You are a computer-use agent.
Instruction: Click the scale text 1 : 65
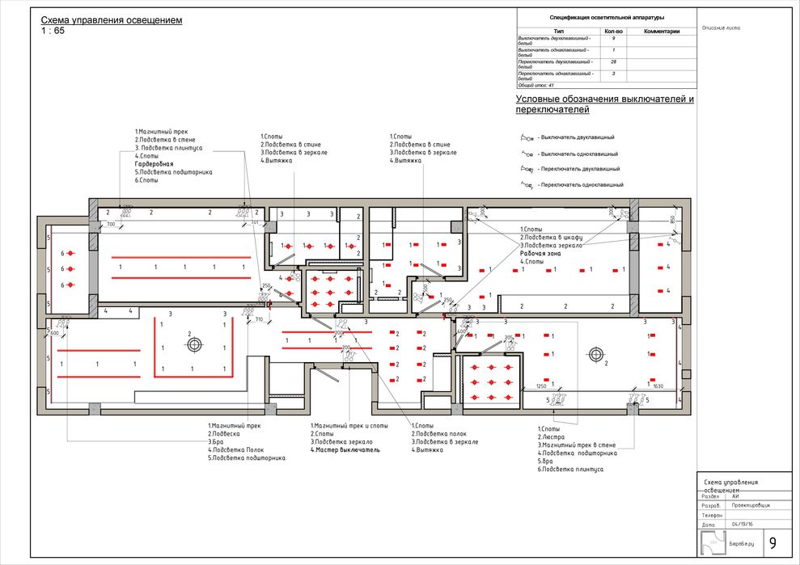tap(53, 31)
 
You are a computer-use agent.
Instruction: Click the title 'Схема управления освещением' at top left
tap(112, 19)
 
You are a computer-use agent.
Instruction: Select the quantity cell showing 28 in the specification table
tap(614, 61)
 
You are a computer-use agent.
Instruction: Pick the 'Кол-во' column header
tap(614, 32)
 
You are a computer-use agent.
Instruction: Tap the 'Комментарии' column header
tap(661, 32)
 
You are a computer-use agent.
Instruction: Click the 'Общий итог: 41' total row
tap(536, 84)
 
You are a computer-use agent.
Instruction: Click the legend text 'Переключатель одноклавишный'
tap(582, 185)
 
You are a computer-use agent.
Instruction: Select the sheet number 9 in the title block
tap(772, 542)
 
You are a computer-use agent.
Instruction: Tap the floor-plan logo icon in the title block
tap(711, 542)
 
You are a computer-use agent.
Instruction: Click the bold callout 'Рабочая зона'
tap(541, 253)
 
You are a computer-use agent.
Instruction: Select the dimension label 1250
tap(542, 386)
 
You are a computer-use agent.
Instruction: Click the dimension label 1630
tap(657, 386)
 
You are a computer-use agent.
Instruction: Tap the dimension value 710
tap(260, 319)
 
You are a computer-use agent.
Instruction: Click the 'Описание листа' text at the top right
tap(722, 27)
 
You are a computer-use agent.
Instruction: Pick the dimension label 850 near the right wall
tap(671, 219)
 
